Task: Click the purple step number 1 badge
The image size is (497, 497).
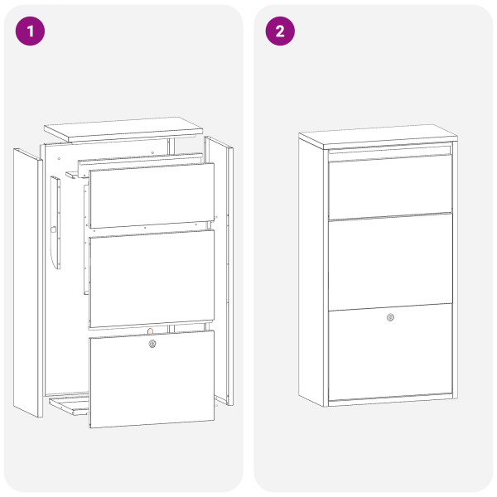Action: click(31, 31)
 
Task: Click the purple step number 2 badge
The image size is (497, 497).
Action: click(280, 31)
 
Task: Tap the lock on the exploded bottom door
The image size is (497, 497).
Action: click(152, 344)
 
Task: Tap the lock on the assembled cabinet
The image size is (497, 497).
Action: click(390, 317)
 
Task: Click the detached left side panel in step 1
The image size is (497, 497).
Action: click(27, 282)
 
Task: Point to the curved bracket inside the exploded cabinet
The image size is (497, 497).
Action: click(55, 224)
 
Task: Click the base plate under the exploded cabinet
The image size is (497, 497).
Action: click(70, 405)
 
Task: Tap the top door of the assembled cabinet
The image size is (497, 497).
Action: click(390, 186)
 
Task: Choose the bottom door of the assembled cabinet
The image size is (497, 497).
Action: click(390, 356)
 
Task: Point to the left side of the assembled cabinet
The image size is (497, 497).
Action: click(313, 273)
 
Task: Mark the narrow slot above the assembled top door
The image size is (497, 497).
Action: click(390, 151)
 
